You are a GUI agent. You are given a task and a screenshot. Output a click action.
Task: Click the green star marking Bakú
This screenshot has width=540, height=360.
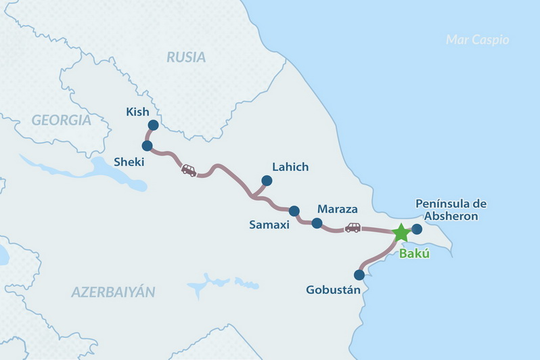coord(401,232)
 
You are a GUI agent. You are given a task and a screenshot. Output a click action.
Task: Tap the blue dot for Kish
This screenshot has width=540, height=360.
coord(153,125)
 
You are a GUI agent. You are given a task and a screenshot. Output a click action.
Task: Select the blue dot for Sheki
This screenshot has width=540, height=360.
coord(147,145)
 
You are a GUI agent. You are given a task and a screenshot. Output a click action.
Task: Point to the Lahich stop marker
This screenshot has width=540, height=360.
coord(267,181)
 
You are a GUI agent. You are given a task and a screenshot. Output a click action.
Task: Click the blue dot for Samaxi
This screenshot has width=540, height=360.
coord(294,211)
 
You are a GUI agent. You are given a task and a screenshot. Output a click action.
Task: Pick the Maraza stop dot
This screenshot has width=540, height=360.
coord(317,223)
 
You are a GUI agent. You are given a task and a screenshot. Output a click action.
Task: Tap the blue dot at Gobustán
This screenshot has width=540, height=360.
coord(359,275)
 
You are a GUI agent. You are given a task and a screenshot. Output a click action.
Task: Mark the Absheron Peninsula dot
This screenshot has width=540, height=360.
coord(417,229)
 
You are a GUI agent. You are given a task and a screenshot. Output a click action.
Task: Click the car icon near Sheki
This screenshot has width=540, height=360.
coord(189,171)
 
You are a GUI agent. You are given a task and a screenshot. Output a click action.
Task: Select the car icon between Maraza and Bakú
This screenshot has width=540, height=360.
coord(353,227)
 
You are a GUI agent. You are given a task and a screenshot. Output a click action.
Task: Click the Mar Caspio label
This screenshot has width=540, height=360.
coord(477,40)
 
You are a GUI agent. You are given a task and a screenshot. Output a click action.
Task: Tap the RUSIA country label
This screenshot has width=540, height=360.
coord(186,58)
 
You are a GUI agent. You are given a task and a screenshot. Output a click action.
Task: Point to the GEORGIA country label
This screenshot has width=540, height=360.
coord(61,120)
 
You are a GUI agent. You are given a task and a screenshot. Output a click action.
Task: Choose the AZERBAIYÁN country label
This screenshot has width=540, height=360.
coord(113,292)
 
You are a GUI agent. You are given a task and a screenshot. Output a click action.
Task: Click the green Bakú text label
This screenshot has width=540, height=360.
coord(415,254)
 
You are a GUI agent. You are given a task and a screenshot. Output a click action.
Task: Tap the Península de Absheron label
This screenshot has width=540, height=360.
coord(450,210)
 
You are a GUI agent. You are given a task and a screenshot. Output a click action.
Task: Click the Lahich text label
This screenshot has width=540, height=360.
coord(290,166)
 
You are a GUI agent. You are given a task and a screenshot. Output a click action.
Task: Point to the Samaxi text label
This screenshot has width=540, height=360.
coord(269,225)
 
